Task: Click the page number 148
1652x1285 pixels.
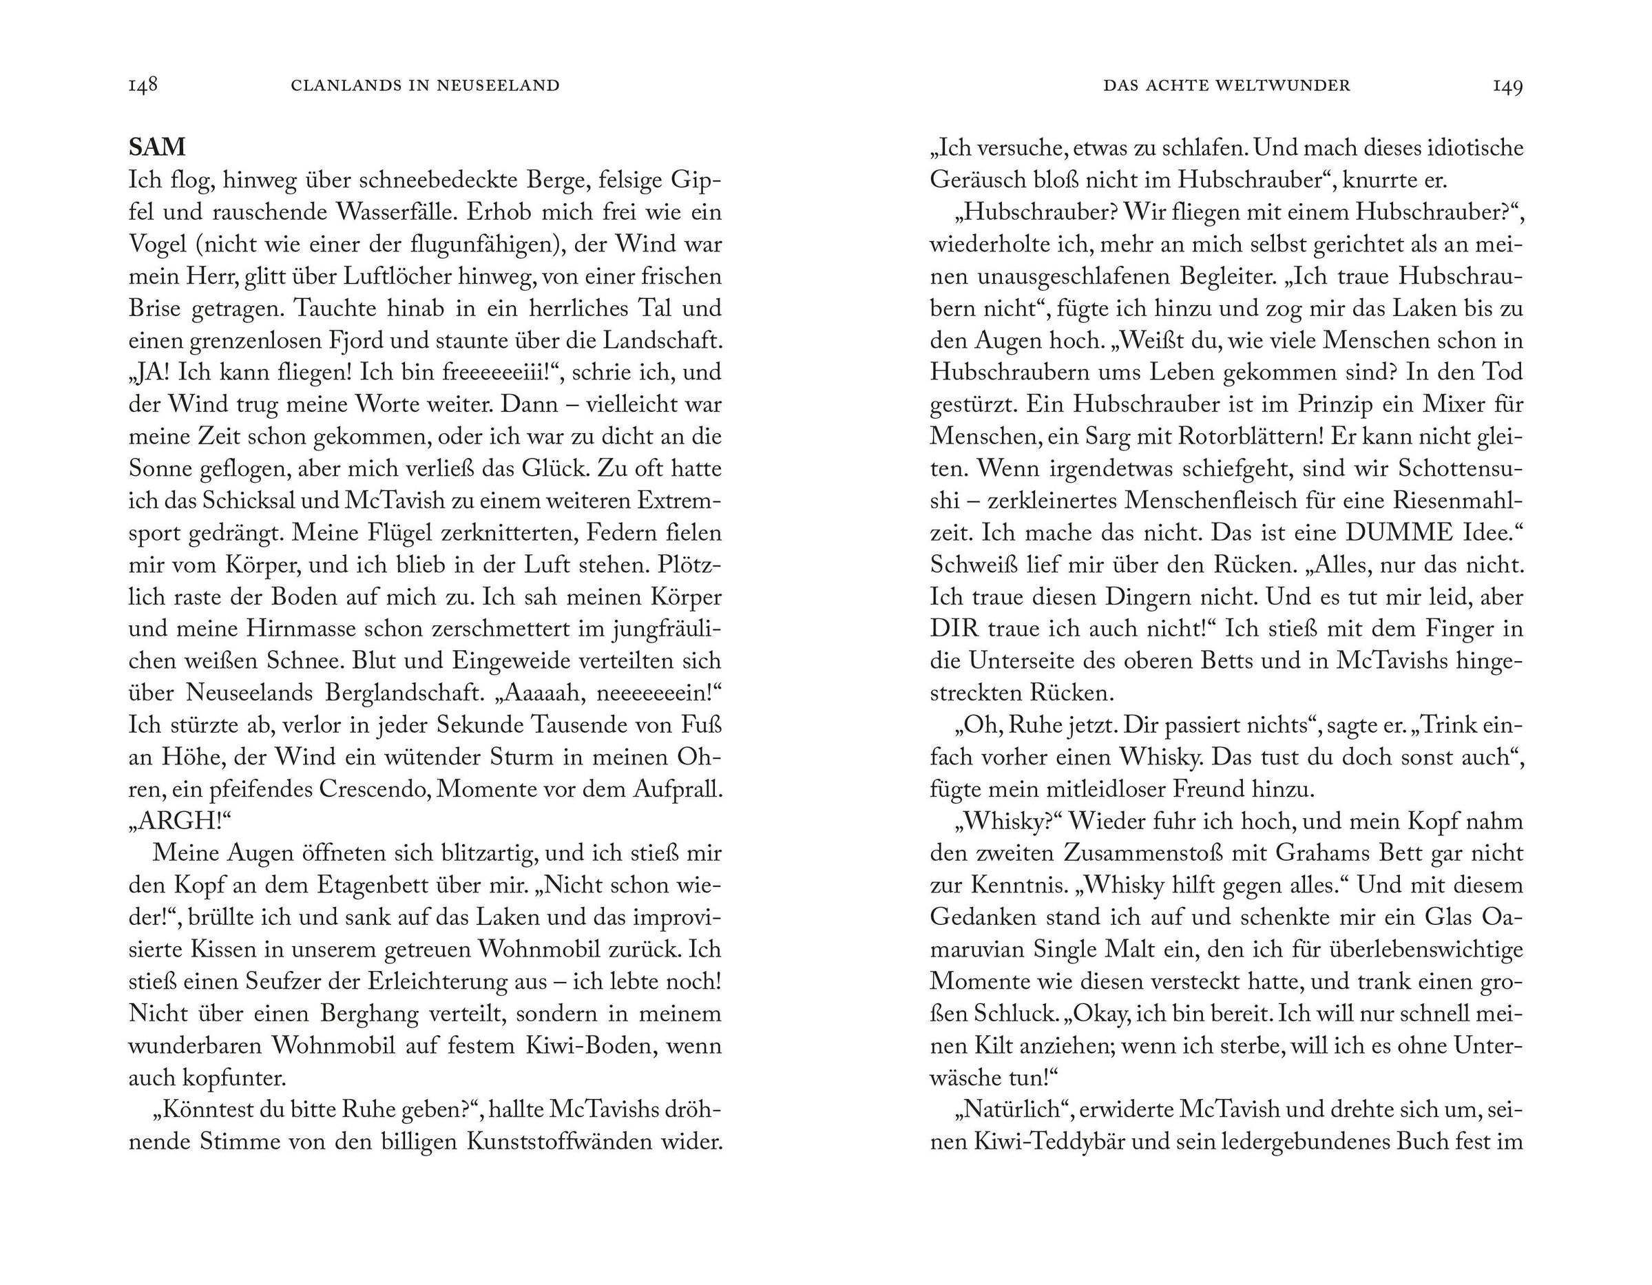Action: point(143,85)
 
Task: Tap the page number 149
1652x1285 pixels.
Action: point(1507,85)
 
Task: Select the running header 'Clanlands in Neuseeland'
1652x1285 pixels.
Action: point(425,85)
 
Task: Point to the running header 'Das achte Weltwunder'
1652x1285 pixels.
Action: point(1226,85)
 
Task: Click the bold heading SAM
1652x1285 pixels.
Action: point(157,146)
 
